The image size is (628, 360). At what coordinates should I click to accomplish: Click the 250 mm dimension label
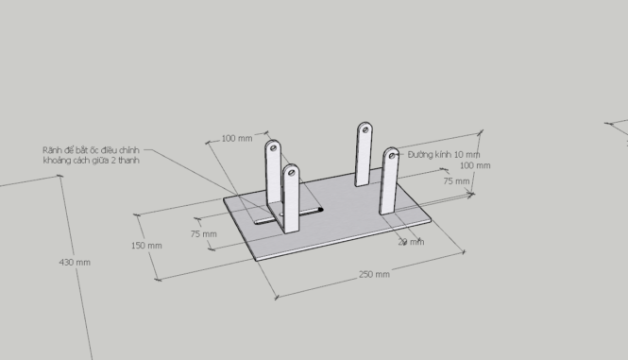pos(374,274)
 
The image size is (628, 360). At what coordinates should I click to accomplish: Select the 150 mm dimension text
pos(145,246)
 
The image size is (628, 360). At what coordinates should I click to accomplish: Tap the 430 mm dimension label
pos(75,262)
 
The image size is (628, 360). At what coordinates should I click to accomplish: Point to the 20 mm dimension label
pos(411,242)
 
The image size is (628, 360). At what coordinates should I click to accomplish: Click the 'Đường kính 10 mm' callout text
pos(443,154)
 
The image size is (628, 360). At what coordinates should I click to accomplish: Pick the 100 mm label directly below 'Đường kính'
pos(475,166)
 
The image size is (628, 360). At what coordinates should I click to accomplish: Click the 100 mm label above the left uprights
pos(237,139)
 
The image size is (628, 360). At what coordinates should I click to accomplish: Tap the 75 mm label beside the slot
pos(203,233)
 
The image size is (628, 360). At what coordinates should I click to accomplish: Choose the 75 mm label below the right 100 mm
pos(456,180)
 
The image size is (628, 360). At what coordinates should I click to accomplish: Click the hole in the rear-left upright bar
pos(273,147)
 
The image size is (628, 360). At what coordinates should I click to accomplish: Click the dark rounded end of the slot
pos(320,209)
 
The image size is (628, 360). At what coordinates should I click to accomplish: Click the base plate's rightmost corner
pos(433,223)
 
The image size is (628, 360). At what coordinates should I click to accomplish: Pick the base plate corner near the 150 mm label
pos(225,199)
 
